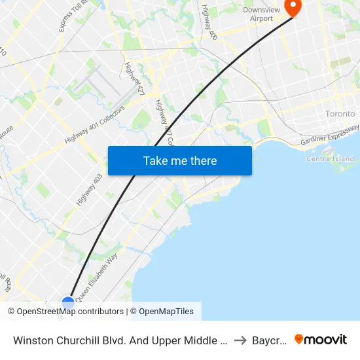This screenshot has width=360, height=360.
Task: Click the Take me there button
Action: pyautogui.click(x=180, y=160)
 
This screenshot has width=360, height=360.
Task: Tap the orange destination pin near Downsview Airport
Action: pyautogui.click(x=292, y=7)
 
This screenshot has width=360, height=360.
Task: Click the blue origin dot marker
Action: pyautogui.click(x=68, y=303)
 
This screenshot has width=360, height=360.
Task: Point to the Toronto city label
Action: pyautogui.click(x=340, y=114)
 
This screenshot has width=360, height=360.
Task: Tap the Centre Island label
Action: pyautogui.click(x=330, y=158)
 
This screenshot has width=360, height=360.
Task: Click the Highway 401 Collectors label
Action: pyautogui.click(x=94, y=125)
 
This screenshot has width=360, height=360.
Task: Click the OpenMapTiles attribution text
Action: pyautogui.click(x=166, y=312)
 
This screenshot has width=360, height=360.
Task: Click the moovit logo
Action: pyautogui.click(x=321, y=339)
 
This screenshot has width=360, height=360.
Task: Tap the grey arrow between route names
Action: pyautogui.click(x=240, y=340)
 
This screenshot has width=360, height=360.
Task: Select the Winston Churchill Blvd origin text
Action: pyautogui.click(x=120, y=340)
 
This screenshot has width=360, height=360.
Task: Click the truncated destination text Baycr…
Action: pyautogui.click(x=270, y=340)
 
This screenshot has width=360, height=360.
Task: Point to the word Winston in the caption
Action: pyautogui.click(x=31, y=340)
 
